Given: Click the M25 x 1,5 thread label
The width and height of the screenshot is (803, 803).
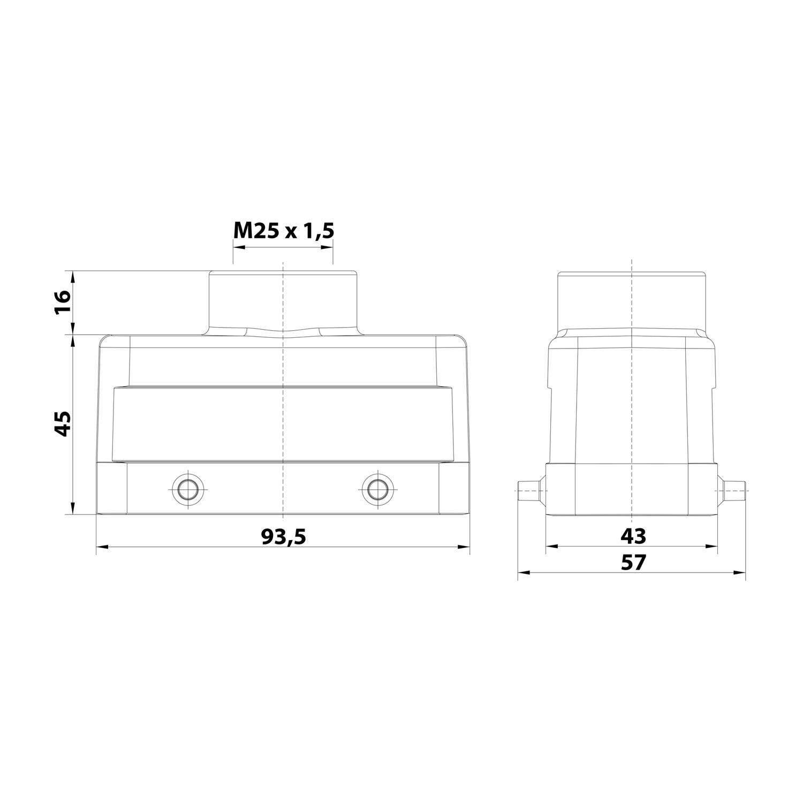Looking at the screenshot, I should pyautogui.click(x=283, y=231).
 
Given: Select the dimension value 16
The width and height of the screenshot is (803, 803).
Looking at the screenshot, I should pyautogui.click(x=63, y=303).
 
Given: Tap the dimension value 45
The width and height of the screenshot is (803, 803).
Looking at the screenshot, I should pyautogui.click(x=63, y=423).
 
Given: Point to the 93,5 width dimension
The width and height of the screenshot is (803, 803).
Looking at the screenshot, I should pyautogui.click(x=283, y=536).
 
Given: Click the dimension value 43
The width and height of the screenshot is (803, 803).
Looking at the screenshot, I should pyautogui.click(x=633, y=536).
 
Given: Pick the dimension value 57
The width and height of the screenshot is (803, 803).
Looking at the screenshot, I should pyautogui.click(x=633, y=562).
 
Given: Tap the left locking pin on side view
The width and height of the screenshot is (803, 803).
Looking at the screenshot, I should pyautogui.click(x=530, y=490).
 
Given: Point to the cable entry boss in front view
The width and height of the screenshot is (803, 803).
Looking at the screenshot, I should pyautogui.click(x=283, y=302).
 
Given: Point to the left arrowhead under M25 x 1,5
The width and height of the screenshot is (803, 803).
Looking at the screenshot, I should pyautogui.click(x=237, y=247).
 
